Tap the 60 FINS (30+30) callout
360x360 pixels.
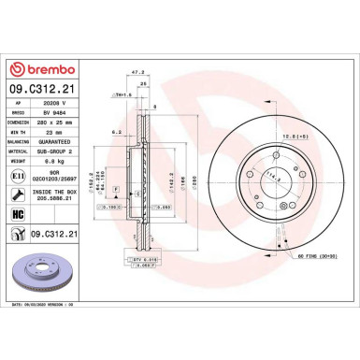click(x=315, y=281)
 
